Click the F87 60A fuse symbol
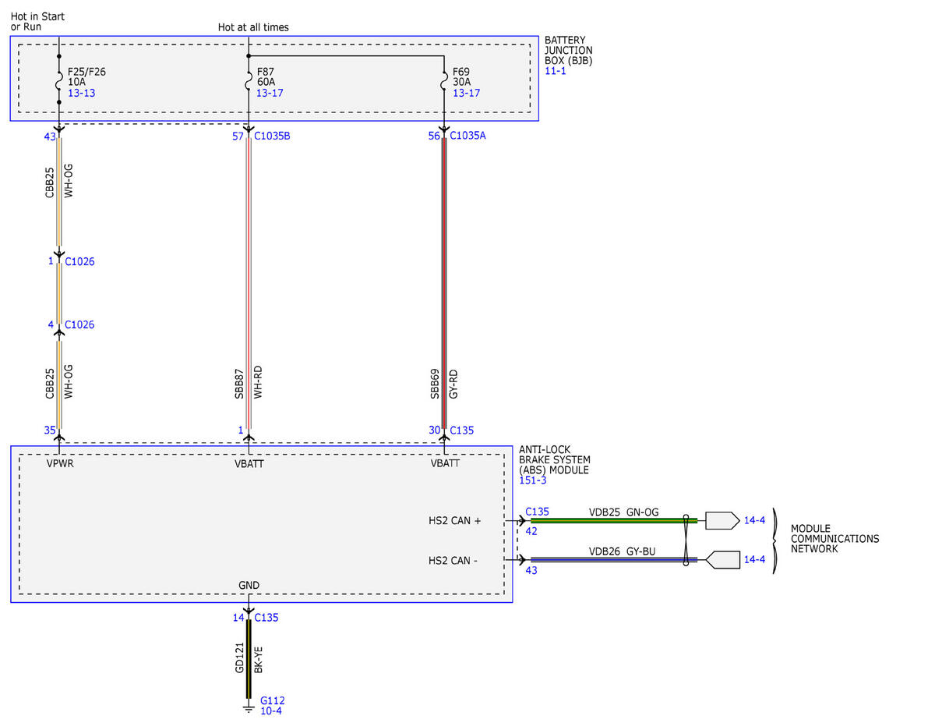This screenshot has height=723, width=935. [249, 81]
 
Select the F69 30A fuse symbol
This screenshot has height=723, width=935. [444, 81]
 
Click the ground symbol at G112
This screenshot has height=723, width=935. [249, 709]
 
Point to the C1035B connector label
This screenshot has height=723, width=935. [272, 136]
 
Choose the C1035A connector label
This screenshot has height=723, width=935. [467, 136]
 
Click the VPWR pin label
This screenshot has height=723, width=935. [60, 464]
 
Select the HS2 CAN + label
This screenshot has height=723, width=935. [454, 521]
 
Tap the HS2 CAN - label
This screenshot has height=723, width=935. [453, 560]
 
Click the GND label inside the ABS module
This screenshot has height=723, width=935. [249, 585]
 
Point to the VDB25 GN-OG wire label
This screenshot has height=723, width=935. [623, 512]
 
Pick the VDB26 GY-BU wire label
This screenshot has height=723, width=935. [622, 551]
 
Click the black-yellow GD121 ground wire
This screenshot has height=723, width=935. [249, 659]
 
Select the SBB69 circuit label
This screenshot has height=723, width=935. [435, 384]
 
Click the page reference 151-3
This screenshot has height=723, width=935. [533, 480]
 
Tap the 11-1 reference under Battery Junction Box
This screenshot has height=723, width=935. [555, 71]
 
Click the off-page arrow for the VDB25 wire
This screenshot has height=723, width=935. [722, 521]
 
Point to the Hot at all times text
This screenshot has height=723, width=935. [253, 27]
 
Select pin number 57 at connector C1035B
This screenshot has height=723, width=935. [238, 136]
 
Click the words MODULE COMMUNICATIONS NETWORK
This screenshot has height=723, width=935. [834, 538]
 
